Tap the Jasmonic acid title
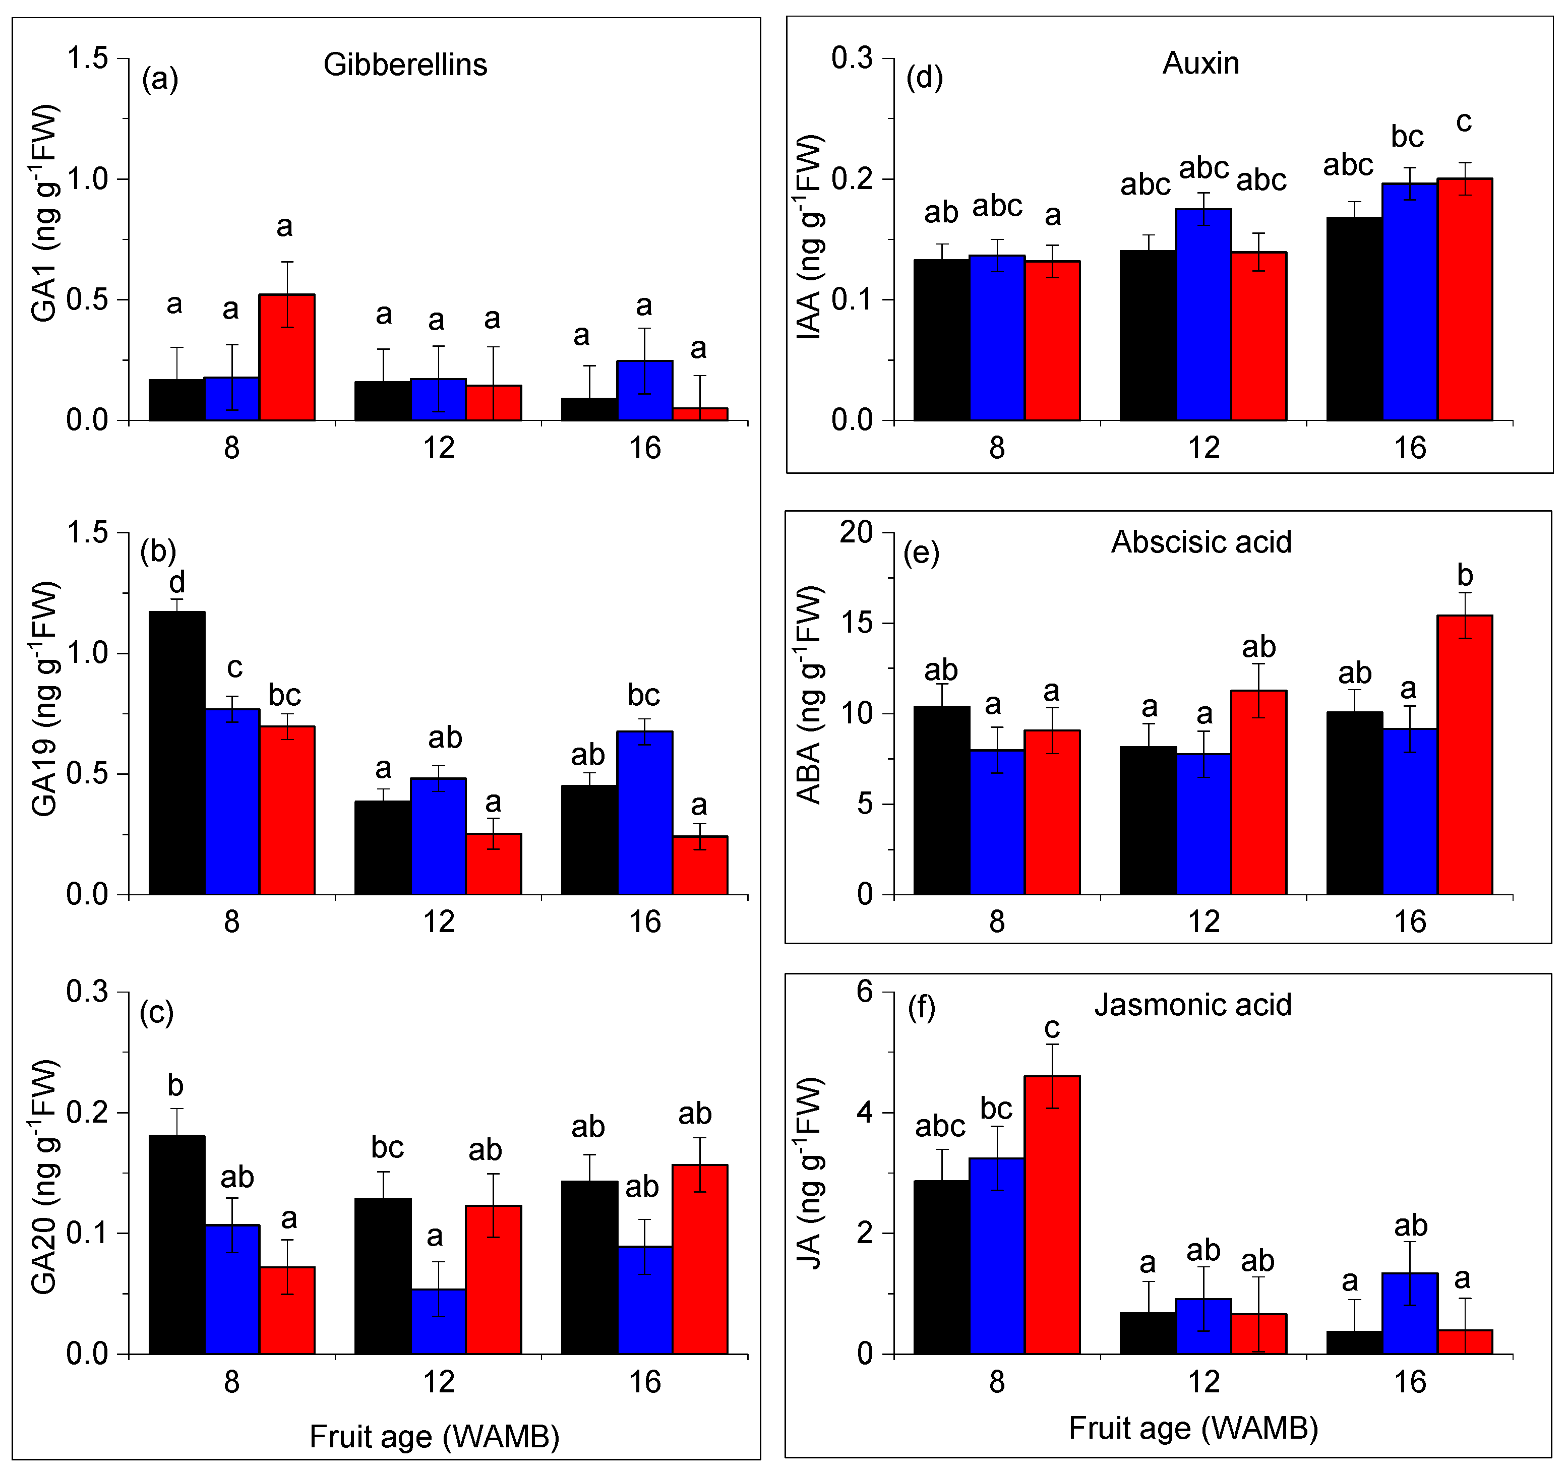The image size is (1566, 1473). click(x=1192, y=1005)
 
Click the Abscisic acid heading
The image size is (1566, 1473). click(x=1200, y=542)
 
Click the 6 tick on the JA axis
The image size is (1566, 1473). click(x=865, y=991)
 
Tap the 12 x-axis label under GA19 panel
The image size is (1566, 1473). click(x=438, y=922)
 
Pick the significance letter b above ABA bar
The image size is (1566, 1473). click(x=1464, y=575)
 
